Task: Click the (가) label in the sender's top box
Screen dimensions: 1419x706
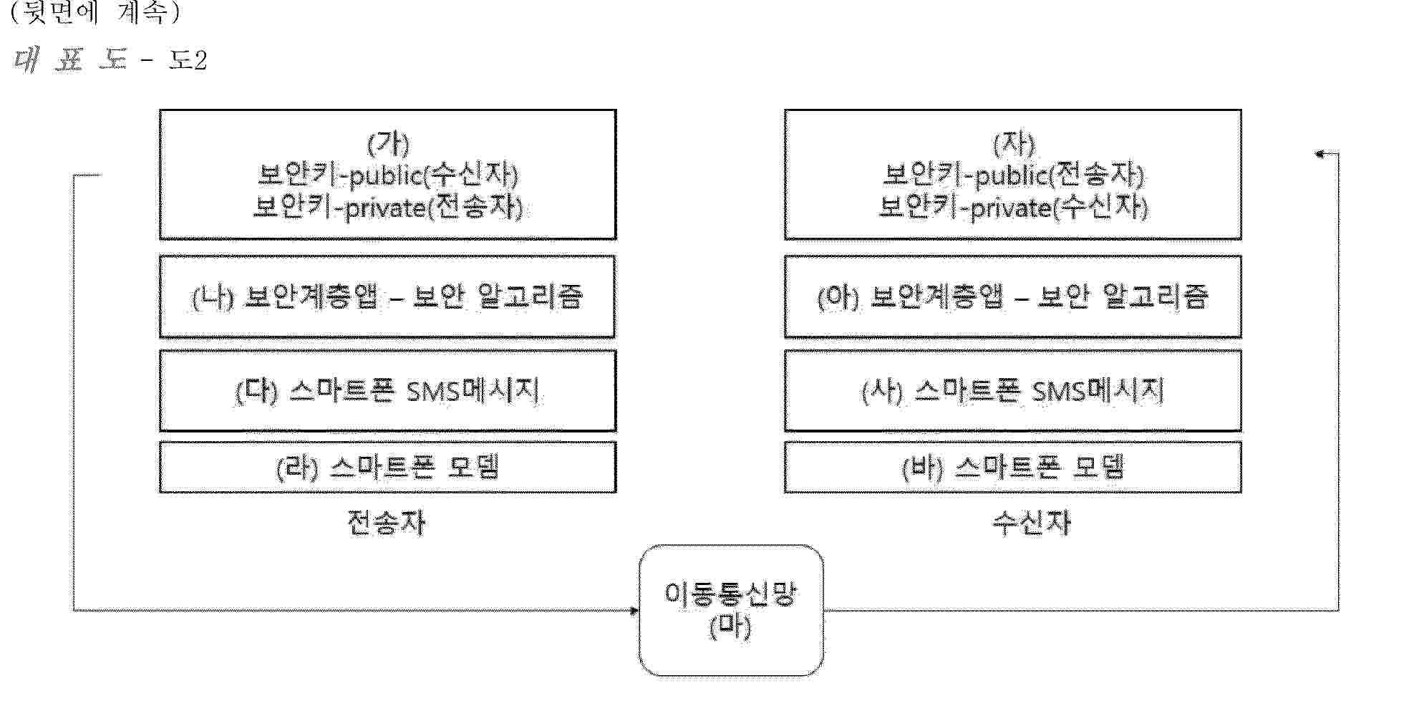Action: tap(388, 144)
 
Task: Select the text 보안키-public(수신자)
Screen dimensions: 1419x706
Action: tap(388, 175)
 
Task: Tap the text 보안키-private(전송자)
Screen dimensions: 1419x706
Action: tap(388, 208)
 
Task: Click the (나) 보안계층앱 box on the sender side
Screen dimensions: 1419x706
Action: tap(387, 296)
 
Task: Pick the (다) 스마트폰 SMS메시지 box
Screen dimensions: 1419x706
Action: tap(387, 391)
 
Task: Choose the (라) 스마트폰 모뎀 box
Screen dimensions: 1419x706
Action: tap(387, 467)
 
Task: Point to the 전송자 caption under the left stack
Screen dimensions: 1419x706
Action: tap(387, 522)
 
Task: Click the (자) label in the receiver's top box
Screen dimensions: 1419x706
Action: tap(1014, 144)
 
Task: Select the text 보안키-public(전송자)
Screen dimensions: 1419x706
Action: tap(1014, 175)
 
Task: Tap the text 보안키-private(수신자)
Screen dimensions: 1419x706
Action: tap(1014, 208)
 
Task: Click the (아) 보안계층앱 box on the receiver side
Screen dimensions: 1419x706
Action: tap(1013, 296)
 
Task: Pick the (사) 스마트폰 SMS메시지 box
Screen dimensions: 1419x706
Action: tap(1013, 391)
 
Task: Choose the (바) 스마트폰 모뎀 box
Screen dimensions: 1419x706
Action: tap(1013, 467)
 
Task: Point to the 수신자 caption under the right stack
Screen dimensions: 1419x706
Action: tap(1032, 523)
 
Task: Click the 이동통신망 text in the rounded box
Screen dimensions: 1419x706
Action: tap(730, 594)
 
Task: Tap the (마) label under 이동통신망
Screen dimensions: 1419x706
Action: tap(730, 627)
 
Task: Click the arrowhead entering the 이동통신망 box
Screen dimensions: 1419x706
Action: tap(634, 611)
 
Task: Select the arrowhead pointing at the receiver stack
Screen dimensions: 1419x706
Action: tap(1322, 153)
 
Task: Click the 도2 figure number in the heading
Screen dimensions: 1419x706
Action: tap(188, 60)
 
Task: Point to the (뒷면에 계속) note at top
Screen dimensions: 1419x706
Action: tap(95, 13)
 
